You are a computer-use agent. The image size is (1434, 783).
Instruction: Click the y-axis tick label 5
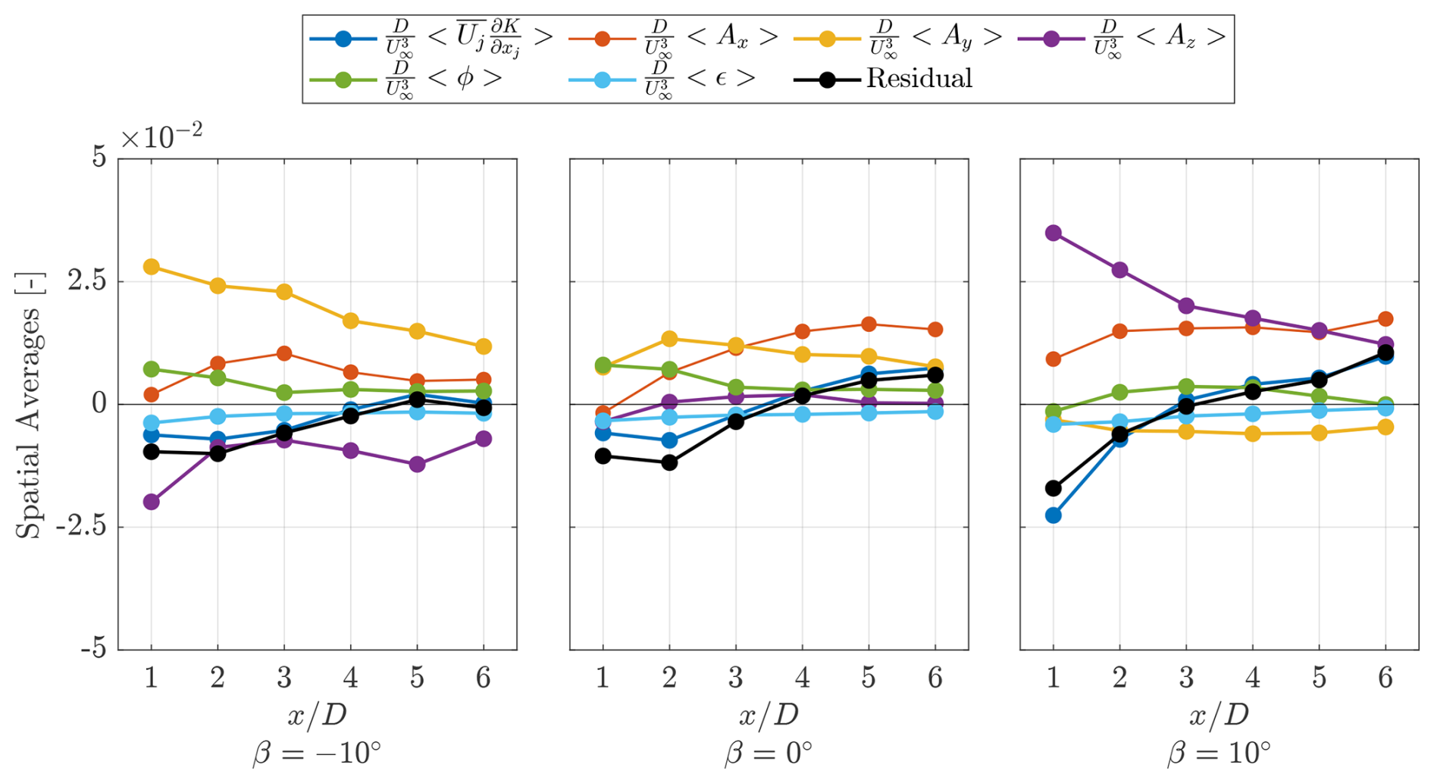pyautogui.click(x=100, y=158)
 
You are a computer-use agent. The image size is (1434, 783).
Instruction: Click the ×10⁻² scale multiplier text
pyautogui.click(x=161, y=137)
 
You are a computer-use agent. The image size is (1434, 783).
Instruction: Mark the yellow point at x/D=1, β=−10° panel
pyautogui.click(x=151, y=267)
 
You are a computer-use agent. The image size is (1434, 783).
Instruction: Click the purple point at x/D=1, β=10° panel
pyautogui.click(x=1053, y=233)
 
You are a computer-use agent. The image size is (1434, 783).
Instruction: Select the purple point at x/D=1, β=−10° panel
pyautogui.click(x=151, y=502)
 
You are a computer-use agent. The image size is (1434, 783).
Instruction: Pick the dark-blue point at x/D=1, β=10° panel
pyautogui.click(x=1053, y=515)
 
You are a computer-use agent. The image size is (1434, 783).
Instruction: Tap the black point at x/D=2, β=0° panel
pyautogui.click(x=669, y=462)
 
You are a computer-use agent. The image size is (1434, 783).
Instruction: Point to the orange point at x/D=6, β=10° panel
pyautogui.click(x=1385, y=319)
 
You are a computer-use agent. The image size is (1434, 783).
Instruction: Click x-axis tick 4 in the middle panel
pyautogui.click(x=802, y=677)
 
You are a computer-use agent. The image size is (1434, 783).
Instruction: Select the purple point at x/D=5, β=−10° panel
pyautogui.click(x=417, y=465)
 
